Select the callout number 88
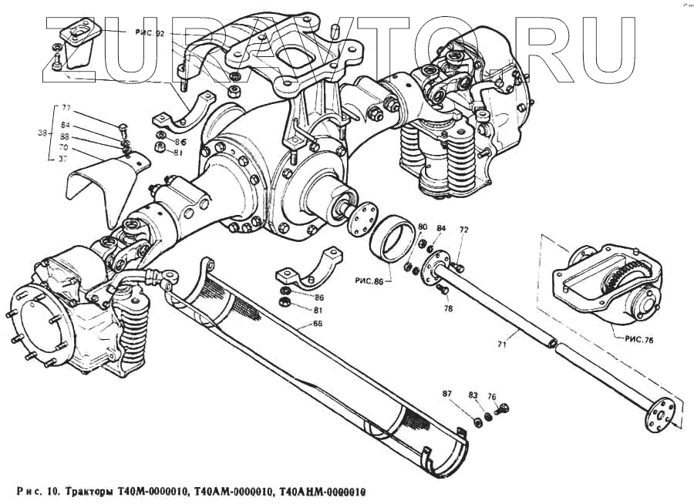[x=64, y=136]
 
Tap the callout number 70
[x=64, y=146]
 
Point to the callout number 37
[x=64, y=158]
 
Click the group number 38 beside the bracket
[x=42, y=133]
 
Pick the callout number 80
[x=423, y=227]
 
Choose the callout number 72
[x=464, y=230]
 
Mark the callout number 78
[x=448, y=308]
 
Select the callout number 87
[x=446, y=394]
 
